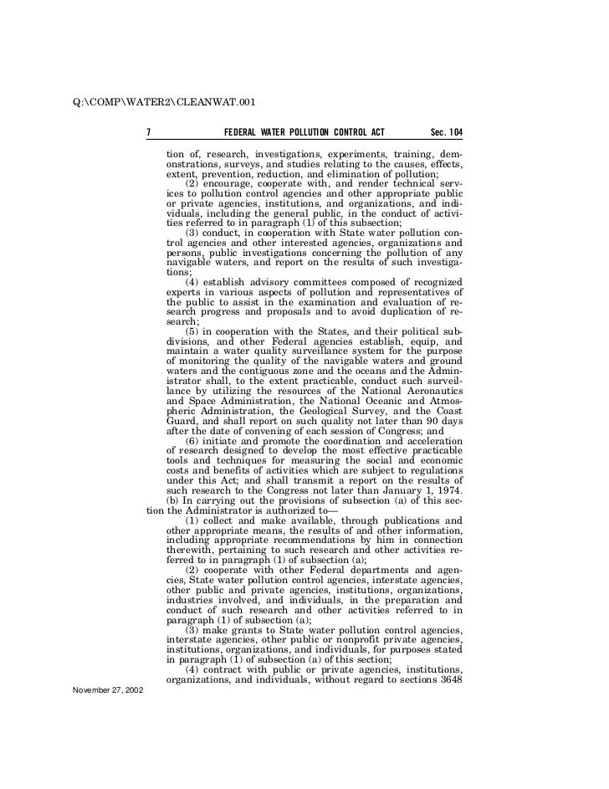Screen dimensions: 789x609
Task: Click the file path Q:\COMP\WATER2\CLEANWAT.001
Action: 163,104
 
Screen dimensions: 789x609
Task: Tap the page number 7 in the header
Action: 148,132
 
